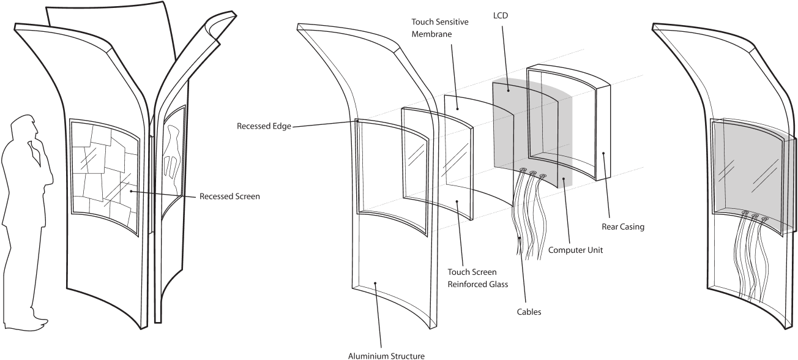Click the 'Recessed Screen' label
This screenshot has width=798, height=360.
pos(229,197)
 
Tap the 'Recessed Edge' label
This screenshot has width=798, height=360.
pos(264,127)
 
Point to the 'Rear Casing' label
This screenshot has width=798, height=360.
pos(623,227)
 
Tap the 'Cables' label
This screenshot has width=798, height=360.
pos(528,312)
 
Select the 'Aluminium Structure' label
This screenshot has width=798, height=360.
pos(386,355)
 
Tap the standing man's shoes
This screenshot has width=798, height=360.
pos(38,320)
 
